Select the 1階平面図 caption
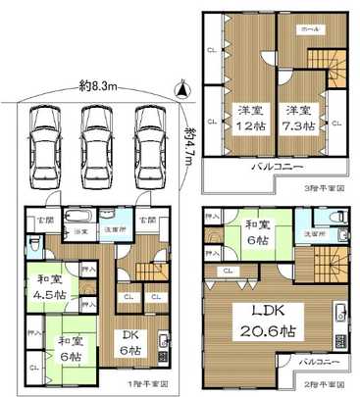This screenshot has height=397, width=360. (x=153, y=382)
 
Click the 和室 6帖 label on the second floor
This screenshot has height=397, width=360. (x=258, y=232)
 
